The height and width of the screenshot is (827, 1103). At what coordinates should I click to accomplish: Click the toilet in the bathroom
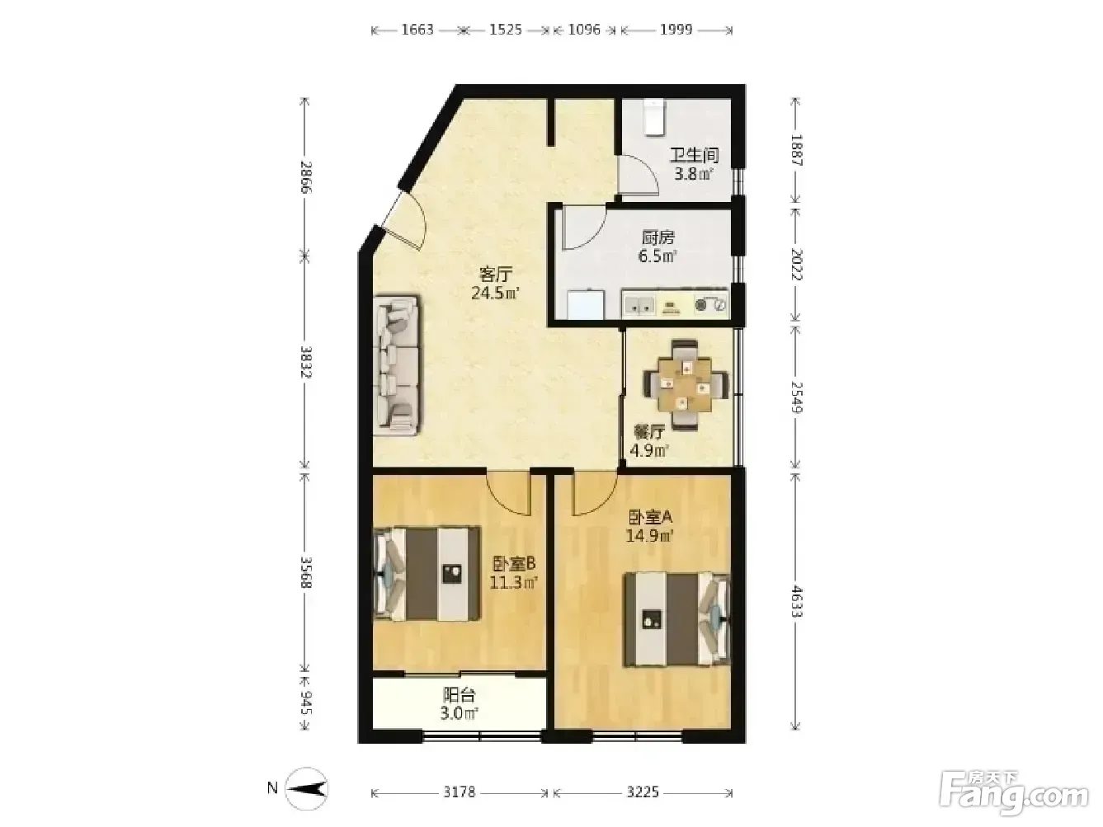(x=653, y=117)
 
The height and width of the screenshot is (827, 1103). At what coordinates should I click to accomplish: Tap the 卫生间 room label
(x=695, y=155)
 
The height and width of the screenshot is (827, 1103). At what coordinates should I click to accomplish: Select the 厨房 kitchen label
(x=658, y=237)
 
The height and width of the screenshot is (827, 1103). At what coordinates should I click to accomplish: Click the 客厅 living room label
(x=496, y=275)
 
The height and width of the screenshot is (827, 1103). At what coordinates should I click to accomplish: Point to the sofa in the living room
(x=397, y=365)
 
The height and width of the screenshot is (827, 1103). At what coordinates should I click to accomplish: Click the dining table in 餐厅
(x=686, y=384)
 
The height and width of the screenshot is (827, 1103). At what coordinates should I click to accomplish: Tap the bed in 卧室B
(x=427, y=574)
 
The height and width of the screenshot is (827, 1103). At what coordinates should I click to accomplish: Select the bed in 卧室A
(x=676, y=619)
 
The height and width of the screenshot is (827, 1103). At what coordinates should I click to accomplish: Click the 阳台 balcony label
(x=460, y=695)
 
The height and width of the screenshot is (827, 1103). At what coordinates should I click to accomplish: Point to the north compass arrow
(x=307, y=789)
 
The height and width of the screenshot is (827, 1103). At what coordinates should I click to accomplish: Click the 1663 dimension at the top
(x=417, y=30)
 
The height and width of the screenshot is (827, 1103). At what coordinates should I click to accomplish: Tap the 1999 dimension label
(x=676, y=30)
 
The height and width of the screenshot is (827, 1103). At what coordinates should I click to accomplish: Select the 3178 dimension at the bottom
(x=460, y=792)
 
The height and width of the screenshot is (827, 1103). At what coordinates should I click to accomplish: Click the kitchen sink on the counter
(x=639, y=305)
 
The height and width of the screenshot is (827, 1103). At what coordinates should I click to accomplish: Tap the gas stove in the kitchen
(x=710, y=304)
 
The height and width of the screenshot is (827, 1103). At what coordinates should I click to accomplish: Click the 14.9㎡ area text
(x=650, y=536)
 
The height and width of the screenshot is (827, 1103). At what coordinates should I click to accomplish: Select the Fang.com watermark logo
(x=1015, y=795)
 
